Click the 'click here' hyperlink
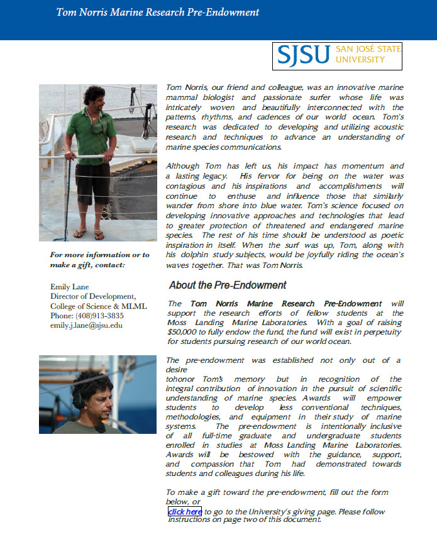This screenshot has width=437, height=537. pos(185,512)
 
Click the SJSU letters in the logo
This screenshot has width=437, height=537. pos(304,56)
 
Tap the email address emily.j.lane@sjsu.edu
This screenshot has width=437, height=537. pos(86,325)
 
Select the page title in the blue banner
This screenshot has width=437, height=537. pos(157,13)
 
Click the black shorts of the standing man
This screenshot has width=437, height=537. pos(93,182)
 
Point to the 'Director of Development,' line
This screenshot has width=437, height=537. pos(92,296)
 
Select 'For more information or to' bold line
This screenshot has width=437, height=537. pos(99,255)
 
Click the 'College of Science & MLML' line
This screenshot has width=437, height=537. pos(98,306)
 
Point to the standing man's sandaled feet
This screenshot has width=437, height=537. pos(89,233)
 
